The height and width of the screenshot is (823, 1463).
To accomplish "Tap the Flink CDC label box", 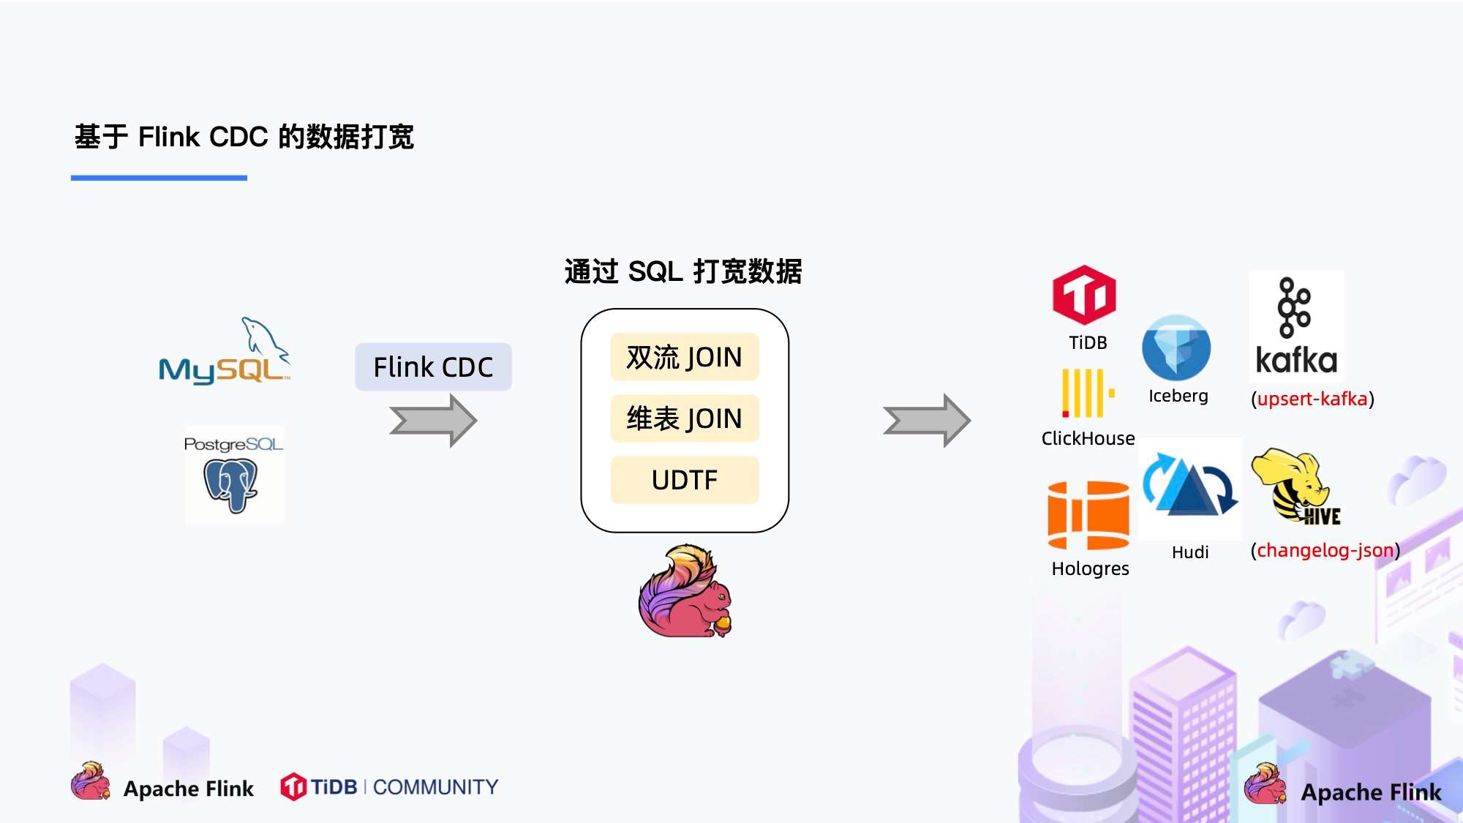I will [433, 367].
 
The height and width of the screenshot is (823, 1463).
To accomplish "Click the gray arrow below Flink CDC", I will [433, 421].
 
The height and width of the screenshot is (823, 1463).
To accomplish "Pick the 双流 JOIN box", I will [685, 357].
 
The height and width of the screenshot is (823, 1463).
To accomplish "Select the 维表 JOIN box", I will [685, 418].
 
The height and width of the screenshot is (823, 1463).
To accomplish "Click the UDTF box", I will [685, 480].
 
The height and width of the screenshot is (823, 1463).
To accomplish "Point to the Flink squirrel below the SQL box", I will [685, 591].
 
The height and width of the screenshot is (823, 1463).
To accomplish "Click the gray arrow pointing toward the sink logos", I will [927, 421].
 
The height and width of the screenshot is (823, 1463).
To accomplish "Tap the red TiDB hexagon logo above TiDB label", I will [1084, 296].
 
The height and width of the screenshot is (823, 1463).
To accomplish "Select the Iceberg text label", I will [1178, 396].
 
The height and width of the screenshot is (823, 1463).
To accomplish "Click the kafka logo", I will [1296, 326].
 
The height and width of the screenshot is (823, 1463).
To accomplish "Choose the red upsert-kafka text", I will [1312, 399].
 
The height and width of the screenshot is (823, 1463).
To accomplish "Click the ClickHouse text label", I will [1088, 438].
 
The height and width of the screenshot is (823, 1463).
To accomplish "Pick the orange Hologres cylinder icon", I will [1088, 515].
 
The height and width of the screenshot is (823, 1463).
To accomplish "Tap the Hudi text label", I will [1190, 552].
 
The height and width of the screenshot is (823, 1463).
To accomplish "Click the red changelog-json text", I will [1325, 550].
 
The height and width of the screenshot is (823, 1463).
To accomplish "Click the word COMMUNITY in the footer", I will [435, 787].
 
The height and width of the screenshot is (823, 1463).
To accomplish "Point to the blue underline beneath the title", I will [159, 178].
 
